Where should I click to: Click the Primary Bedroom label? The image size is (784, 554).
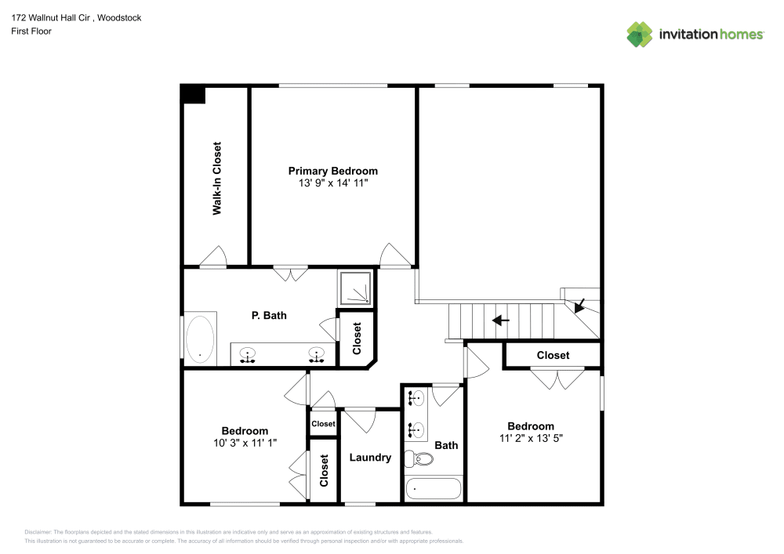point(332,171)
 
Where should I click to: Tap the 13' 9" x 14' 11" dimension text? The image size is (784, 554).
point(332,183)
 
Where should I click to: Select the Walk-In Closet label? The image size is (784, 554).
point(216,179)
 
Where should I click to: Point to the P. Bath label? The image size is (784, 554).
point(269,316)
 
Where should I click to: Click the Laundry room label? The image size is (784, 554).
point(370,458)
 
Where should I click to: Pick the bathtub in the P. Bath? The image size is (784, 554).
point(200,339)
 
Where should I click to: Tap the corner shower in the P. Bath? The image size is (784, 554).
point(357,288)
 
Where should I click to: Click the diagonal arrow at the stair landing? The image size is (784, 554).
point(581,304)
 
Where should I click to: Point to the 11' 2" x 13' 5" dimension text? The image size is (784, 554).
point(531,439)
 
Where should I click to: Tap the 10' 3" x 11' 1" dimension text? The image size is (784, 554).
point(245,443)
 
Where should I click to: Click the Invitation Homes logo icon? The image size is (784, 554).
point(640,34)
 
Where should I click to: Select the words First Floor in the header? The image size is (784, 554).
point(31,31)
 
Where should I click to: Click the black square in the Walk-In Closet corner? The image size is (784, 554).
point(194,95)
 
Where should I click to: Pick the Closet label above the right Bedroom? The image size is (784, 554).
point(553,355)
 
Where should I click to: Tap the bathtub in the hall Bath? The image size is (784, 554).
point(434,488)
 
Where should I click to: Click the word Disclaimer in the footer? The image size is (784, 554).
point(38,531)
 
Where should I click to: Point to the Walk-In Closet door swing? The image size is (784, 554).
point(213,257)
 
